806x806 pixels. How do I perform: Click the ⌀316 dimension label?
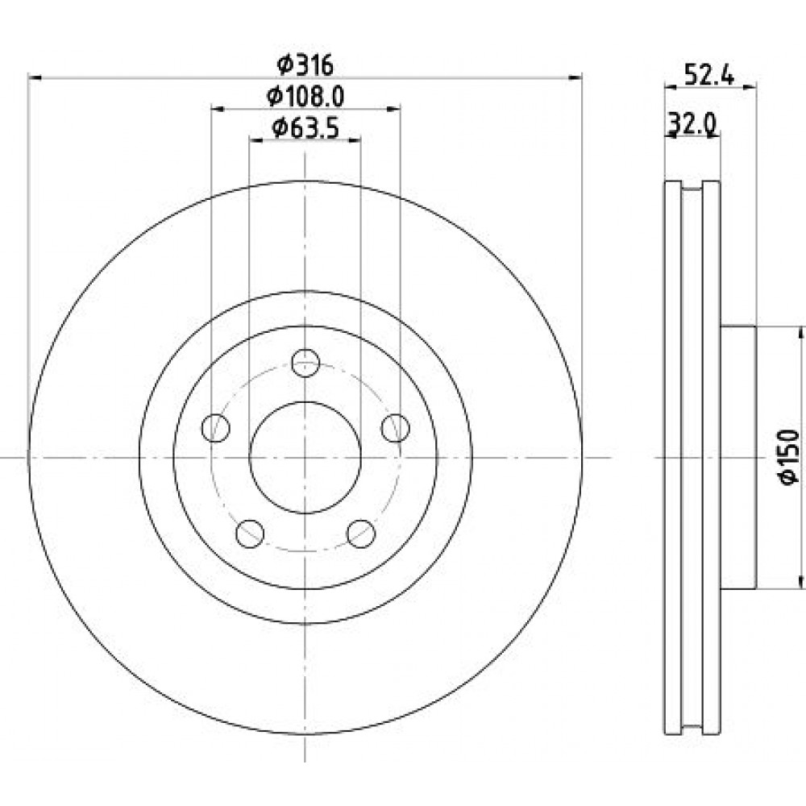(305, 64)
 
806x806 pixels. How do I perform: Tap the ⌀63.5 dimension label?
(305, 127)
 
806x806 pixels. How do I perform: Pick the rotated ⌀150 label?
(789, 456)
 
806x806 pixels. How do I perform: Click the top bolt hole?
(305, 363)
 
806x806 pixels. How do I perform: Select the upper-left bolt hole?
(216, 428)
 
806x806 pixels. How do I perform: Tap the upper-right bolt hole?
(395, 428)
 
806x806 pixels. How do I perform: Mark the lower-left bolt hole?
(250, 534)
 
